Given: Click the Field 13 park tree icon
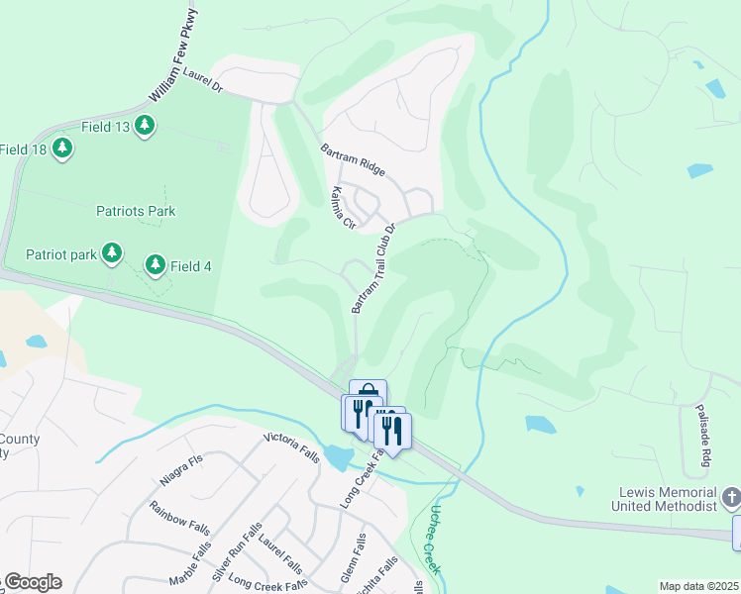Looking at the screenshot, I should click(146, 125).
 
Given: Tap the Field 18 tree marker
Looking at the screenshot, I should click(63, 148).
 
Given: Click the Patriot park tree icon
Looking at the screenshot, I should click(112, 253).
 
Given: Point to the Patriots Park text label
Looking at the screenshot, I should click(136, 211).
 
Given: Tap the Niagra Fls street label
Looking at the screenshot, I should click(180, 470).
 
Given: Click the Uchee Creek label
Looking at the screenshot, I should click(428, 541).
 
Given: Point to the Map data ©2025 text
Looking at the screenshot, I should click(698, 586).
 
